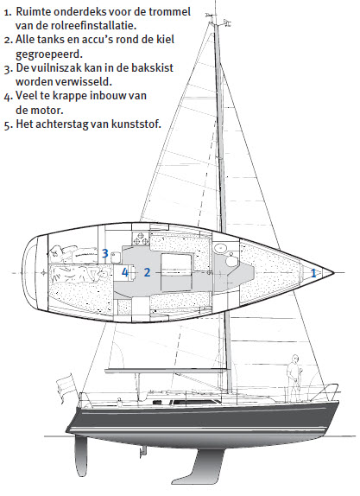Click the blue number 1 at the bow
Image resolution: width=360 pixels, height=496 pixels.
coord(313,273)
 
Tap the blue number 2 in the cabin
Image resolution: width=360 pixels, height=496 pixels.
coord(147,272)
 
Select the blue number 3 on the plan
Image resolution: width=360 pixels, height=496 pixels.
coord(105,253)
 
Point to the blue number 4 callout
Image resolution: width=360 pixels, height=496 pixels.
coord(125,272)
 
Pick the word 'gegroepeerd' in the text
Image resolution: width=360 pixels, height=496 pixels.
coord(49,54)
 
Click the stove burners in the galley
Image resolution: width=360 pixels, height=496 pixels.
coord(140,238)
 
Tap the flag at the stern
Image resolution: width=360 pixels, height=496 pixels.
coord(65,386)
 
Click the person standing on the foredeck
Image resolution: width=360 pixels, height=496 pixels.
coord(294,378)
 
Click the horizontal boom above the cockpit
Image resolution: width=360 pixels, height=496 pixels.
coord(166,370)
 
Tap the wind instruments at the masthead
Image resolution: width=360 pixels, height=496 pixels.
coord(218,20)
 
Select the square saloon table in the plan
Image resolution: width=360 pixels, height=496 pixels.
coord(176,272)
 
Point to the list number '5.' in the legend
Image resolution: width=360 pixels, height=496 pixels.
coord(9,124)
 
